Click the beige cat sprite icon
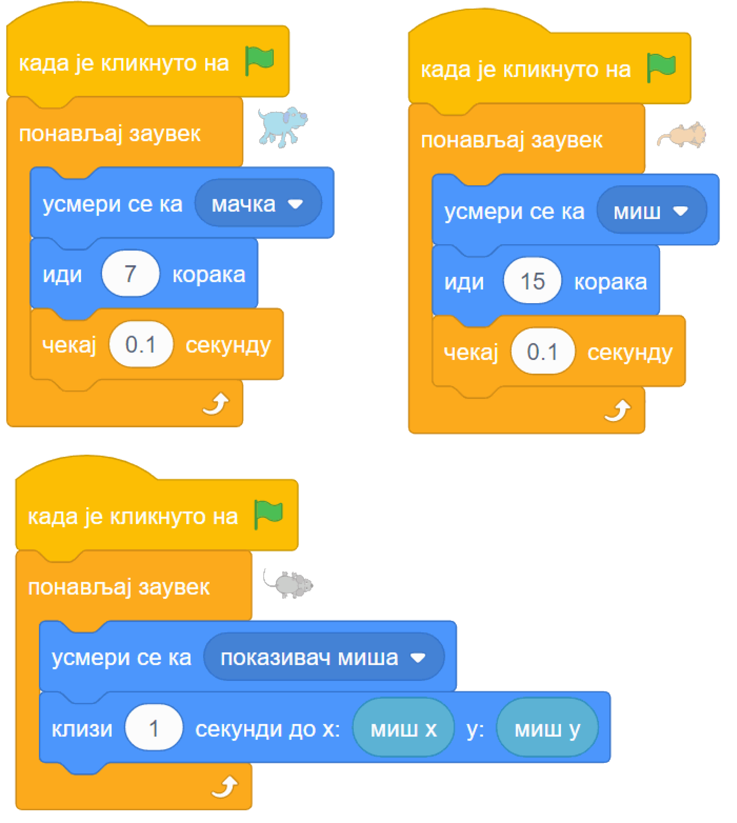click(681, 135)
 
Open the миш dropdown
click(652, 210)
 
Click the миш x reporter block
click(403, 729)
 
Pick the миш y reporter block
click(547, 729)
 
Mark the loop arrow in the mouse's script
click(225, 787)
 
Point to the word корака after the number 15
click(611, 282)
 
